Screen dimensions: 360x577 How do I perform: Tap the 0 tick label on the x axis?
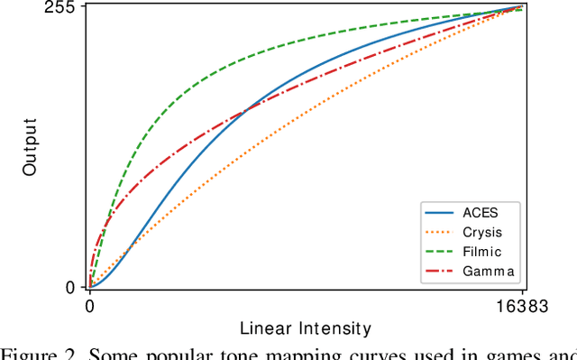point(89,306)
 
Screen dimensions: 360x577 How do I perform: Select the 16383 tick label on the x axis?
point(525,306)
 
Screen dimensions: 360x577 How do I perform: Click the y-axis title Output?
point(29,147)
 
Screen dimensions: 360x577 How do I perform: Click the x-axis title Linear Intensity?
point(306,328)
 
